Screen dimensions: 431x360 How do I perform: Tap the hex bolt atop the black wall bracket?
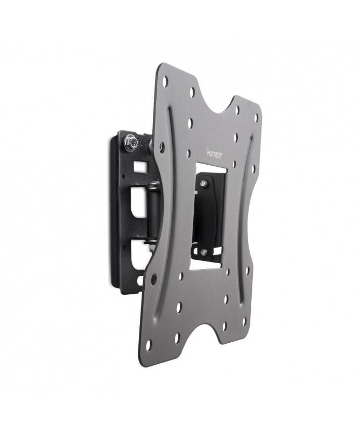129,143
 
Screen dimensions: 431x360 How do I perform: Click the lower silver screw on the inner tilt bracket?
203,250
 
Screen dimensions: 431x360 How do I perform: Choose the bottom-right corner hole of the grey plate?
244,322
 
